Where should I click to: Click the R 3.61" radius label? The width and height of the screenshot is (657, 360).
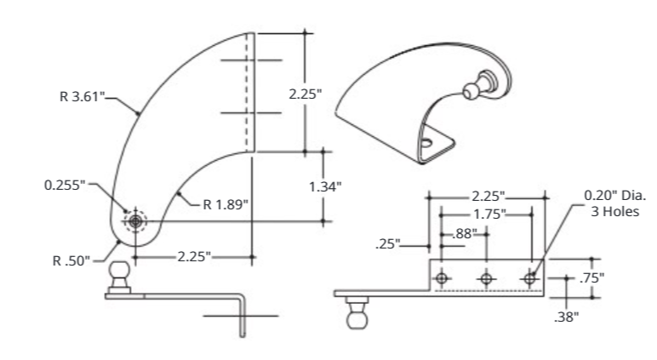(x=83, y=97)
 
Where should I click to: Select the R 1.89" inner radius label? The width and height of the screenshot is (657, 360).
(x=226, y=203)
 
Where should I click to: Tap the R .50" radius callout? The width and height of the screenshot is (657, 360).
(x=71, y=260)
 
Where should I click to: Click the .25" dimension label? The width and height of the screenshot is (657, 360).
(x=388, y=245)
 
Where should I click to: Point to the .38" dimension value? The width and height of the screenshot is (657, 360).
(x=565, y=317)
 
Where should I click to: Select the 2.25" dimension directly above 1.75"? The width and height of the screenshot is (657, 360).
(x=488, y=196)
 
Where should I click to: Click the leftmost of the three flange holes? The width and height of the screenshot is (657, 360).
(x=442, y=278)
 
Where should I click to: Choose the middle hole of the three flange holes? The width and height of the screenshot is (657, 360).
(x=486, y=278)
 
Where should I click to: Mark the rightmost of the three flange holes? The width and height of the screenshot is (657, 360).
(x=530, y=278)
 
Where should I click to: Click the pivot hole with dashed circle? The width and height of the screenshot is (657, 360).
(x=134, y=222)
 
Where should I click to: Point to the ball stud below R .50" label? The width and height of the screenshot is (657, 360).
(x=120, y=276)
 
